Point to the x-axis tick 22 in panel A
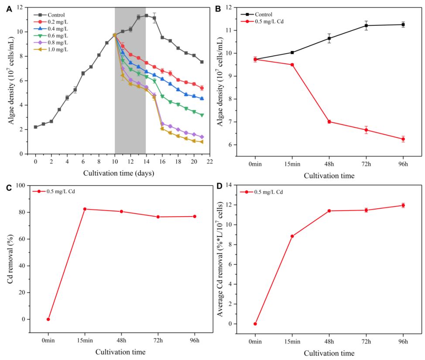pyautogui.click(x=210, y=161)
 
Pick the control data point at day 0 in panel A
pyautogui.click(x=35, y=127)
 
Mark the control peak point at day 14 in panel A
pyautogui.click(x=146, y=15)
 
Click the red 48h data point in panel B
pyautogui.click(x=329, y=122)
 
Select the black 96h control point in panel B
pyautogui.click(x=403, y=24)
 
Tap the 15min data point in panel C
pyautogui.click(x=85, y=209)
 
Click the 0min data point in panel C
pyautogui.click(x=48, y=319)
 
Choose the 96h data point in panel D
pyautogui.click(x=403, y=205)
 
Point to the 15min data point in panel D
pyautogui.click(x=292, y=236)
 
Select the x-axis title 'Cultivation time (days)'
pyautogui.click(x=119, y=173)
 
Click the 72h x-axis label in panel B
pyautogui.click(x=366, y=165)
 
